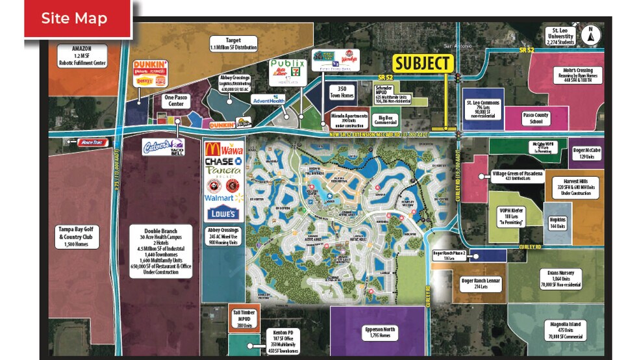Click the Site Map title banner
click(x=75, y=18)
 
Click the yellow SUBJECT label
click(x=423, y=63)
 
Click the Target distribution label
click(x=234, y=44)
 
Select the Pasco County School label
click(x=536, y=118)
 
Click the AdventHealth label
click(x=251, y=101)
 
